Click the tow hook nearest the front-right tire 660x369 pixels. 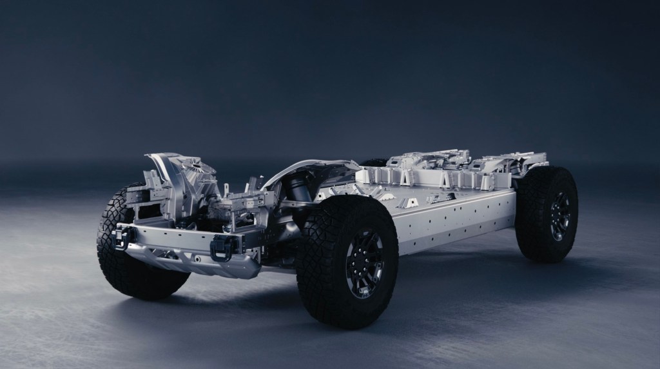(x=220, y=246)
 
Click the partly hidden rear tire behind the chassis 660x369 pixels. (x=374, y=163)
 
